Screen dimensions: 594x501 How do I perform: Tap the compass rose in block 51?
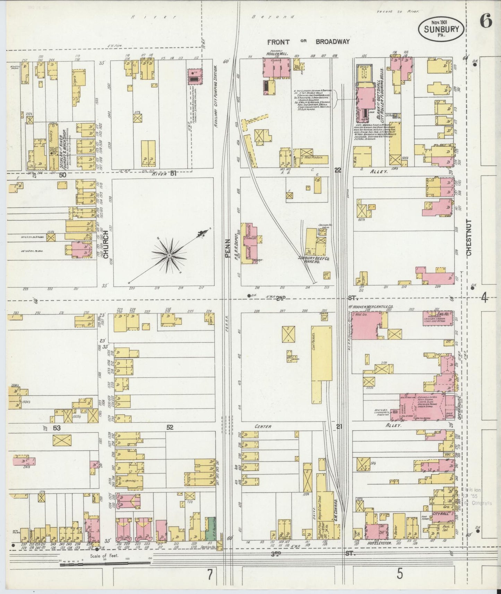[169, 255]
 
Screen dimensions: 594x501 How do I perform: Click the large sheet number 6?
[485, 22]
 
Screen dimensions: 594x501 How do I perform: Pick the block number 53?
[57, 428]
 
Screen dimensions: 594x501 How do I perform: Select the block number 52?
[169, 427]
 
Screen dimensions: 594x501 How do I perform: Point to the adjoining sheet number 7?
[210, 575]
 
